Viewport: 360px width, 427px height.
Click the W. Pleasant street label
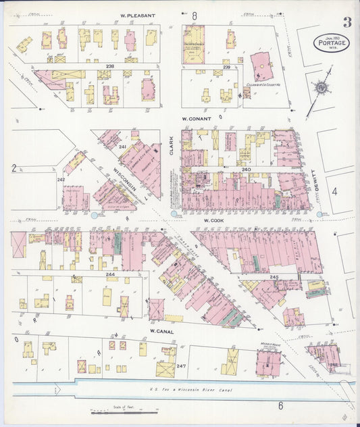coord(138,16)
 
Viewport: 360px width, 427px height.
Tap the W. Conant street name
coord(197,118)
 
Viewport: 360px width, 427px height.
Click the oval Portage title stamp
coord(330,44)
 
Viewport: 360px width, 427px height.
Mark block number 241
coord(122,147)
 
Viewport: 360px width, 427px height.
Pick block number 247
coord(180,366)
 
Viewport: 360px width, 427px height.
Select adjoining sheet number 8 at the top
coord(194,15)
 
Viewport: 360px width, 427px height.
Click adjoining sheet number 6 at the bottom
coord(280,405)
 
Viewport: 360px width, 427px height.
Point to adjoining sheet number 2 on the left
coord(13,167)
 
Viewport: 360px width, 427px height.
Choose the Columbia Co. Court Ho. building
coord(261,68)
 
